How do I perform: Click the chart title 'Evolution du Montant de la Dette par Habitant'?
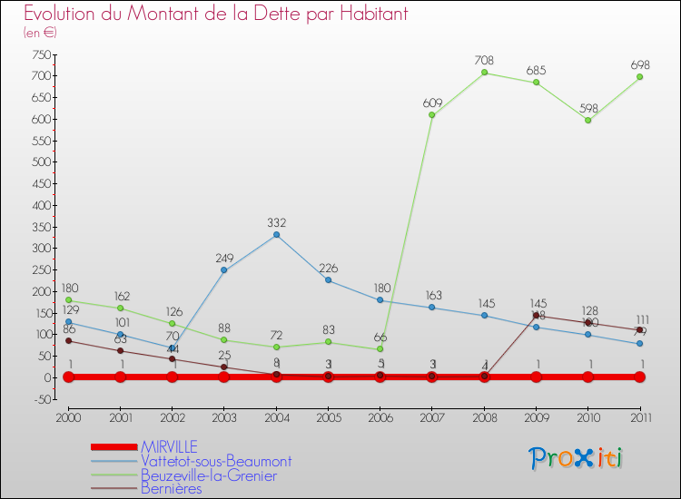215,15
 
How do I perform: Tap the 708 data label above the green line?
484,60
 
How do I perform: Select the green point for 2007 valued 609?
432,115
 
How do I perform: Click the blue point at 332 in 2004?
276,235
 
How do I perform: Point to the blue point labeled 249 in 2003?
224,270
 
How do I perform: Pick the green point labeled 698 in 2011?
640,77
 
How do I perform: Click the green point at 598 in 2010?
588,120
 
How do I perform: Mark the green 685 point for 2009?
537,83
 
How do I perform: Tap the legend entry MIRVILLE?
168,446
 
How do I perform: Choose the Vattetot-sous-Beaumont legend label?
215,461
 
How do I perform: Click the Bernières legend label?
171,489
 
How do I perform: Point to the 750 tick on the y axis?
39,54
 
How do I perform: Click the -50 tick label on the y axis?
39,399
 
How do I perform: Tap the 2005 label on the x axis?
328,417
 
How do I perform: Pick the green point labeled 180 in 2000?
68,300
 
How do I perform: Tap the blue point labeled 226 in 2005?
328,280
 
